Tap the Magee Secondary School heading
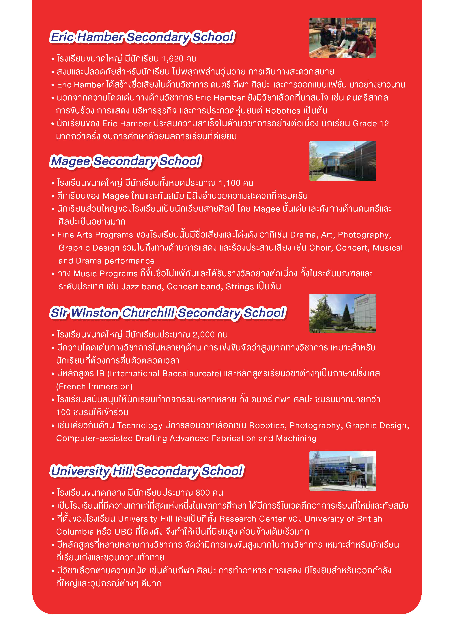tap(126, 161)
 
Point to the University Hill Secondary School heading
tap(147, 471)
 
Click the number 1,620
tap(173, 59)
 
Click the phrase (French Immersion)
tap(94, 387)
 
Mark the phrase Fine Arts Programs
tap(95, 235)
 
